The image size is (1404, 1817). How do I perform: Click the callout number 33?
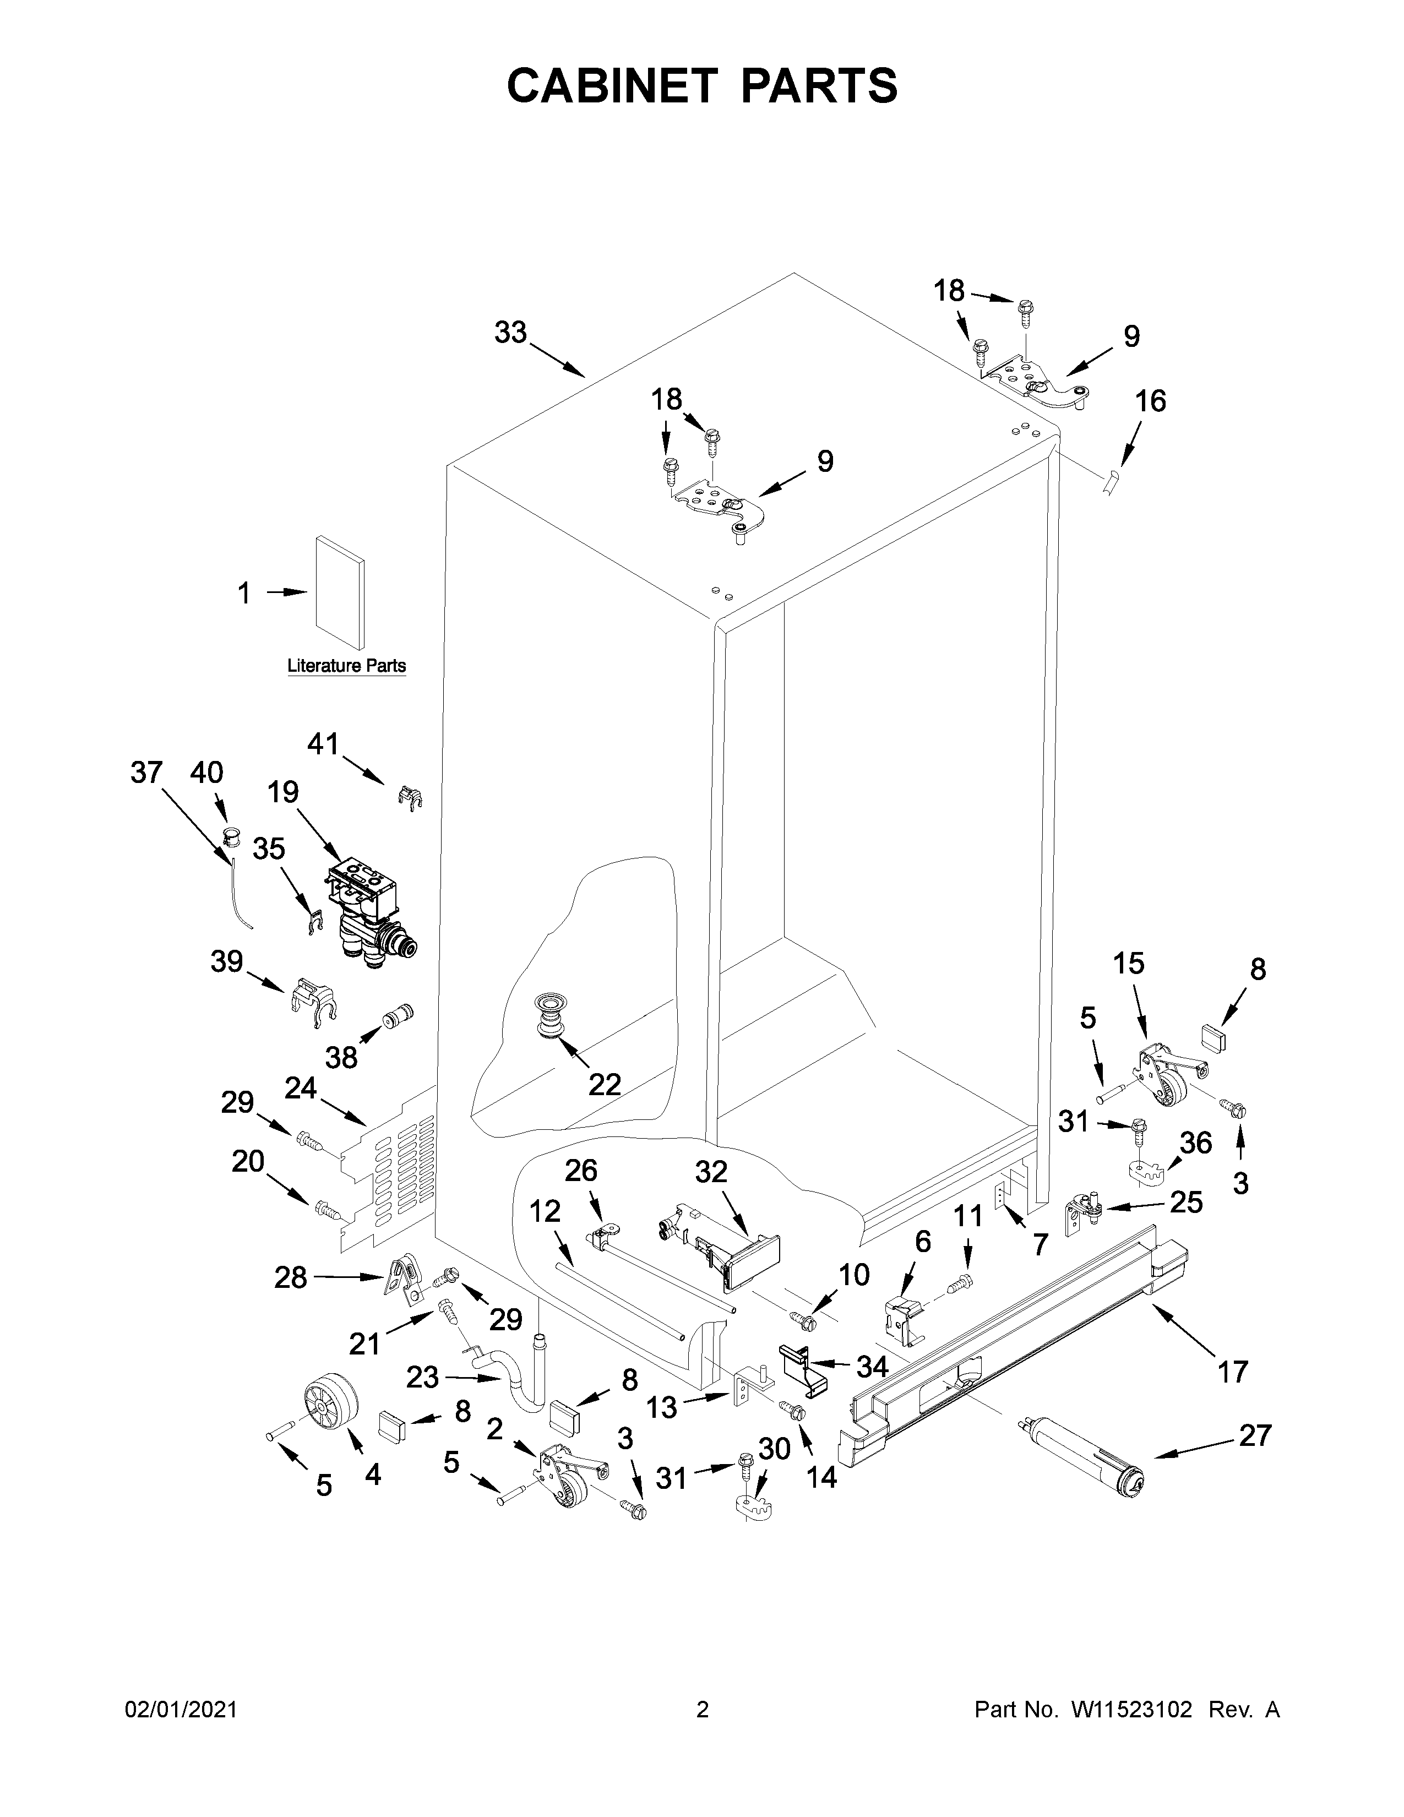tap(511, 333)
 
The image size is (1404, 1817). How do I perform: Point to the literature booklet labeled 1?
tap(339, 592)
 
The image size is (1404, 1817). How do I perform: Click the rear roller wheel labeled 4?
tap(329, 1402)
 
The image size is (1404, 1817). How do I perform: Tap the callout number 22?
tap(605, 1084)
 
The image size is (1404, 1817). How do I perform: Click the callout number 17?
tap(1233, 1370)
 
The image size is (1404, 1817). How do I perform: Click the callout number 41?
tap(324, 743)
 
